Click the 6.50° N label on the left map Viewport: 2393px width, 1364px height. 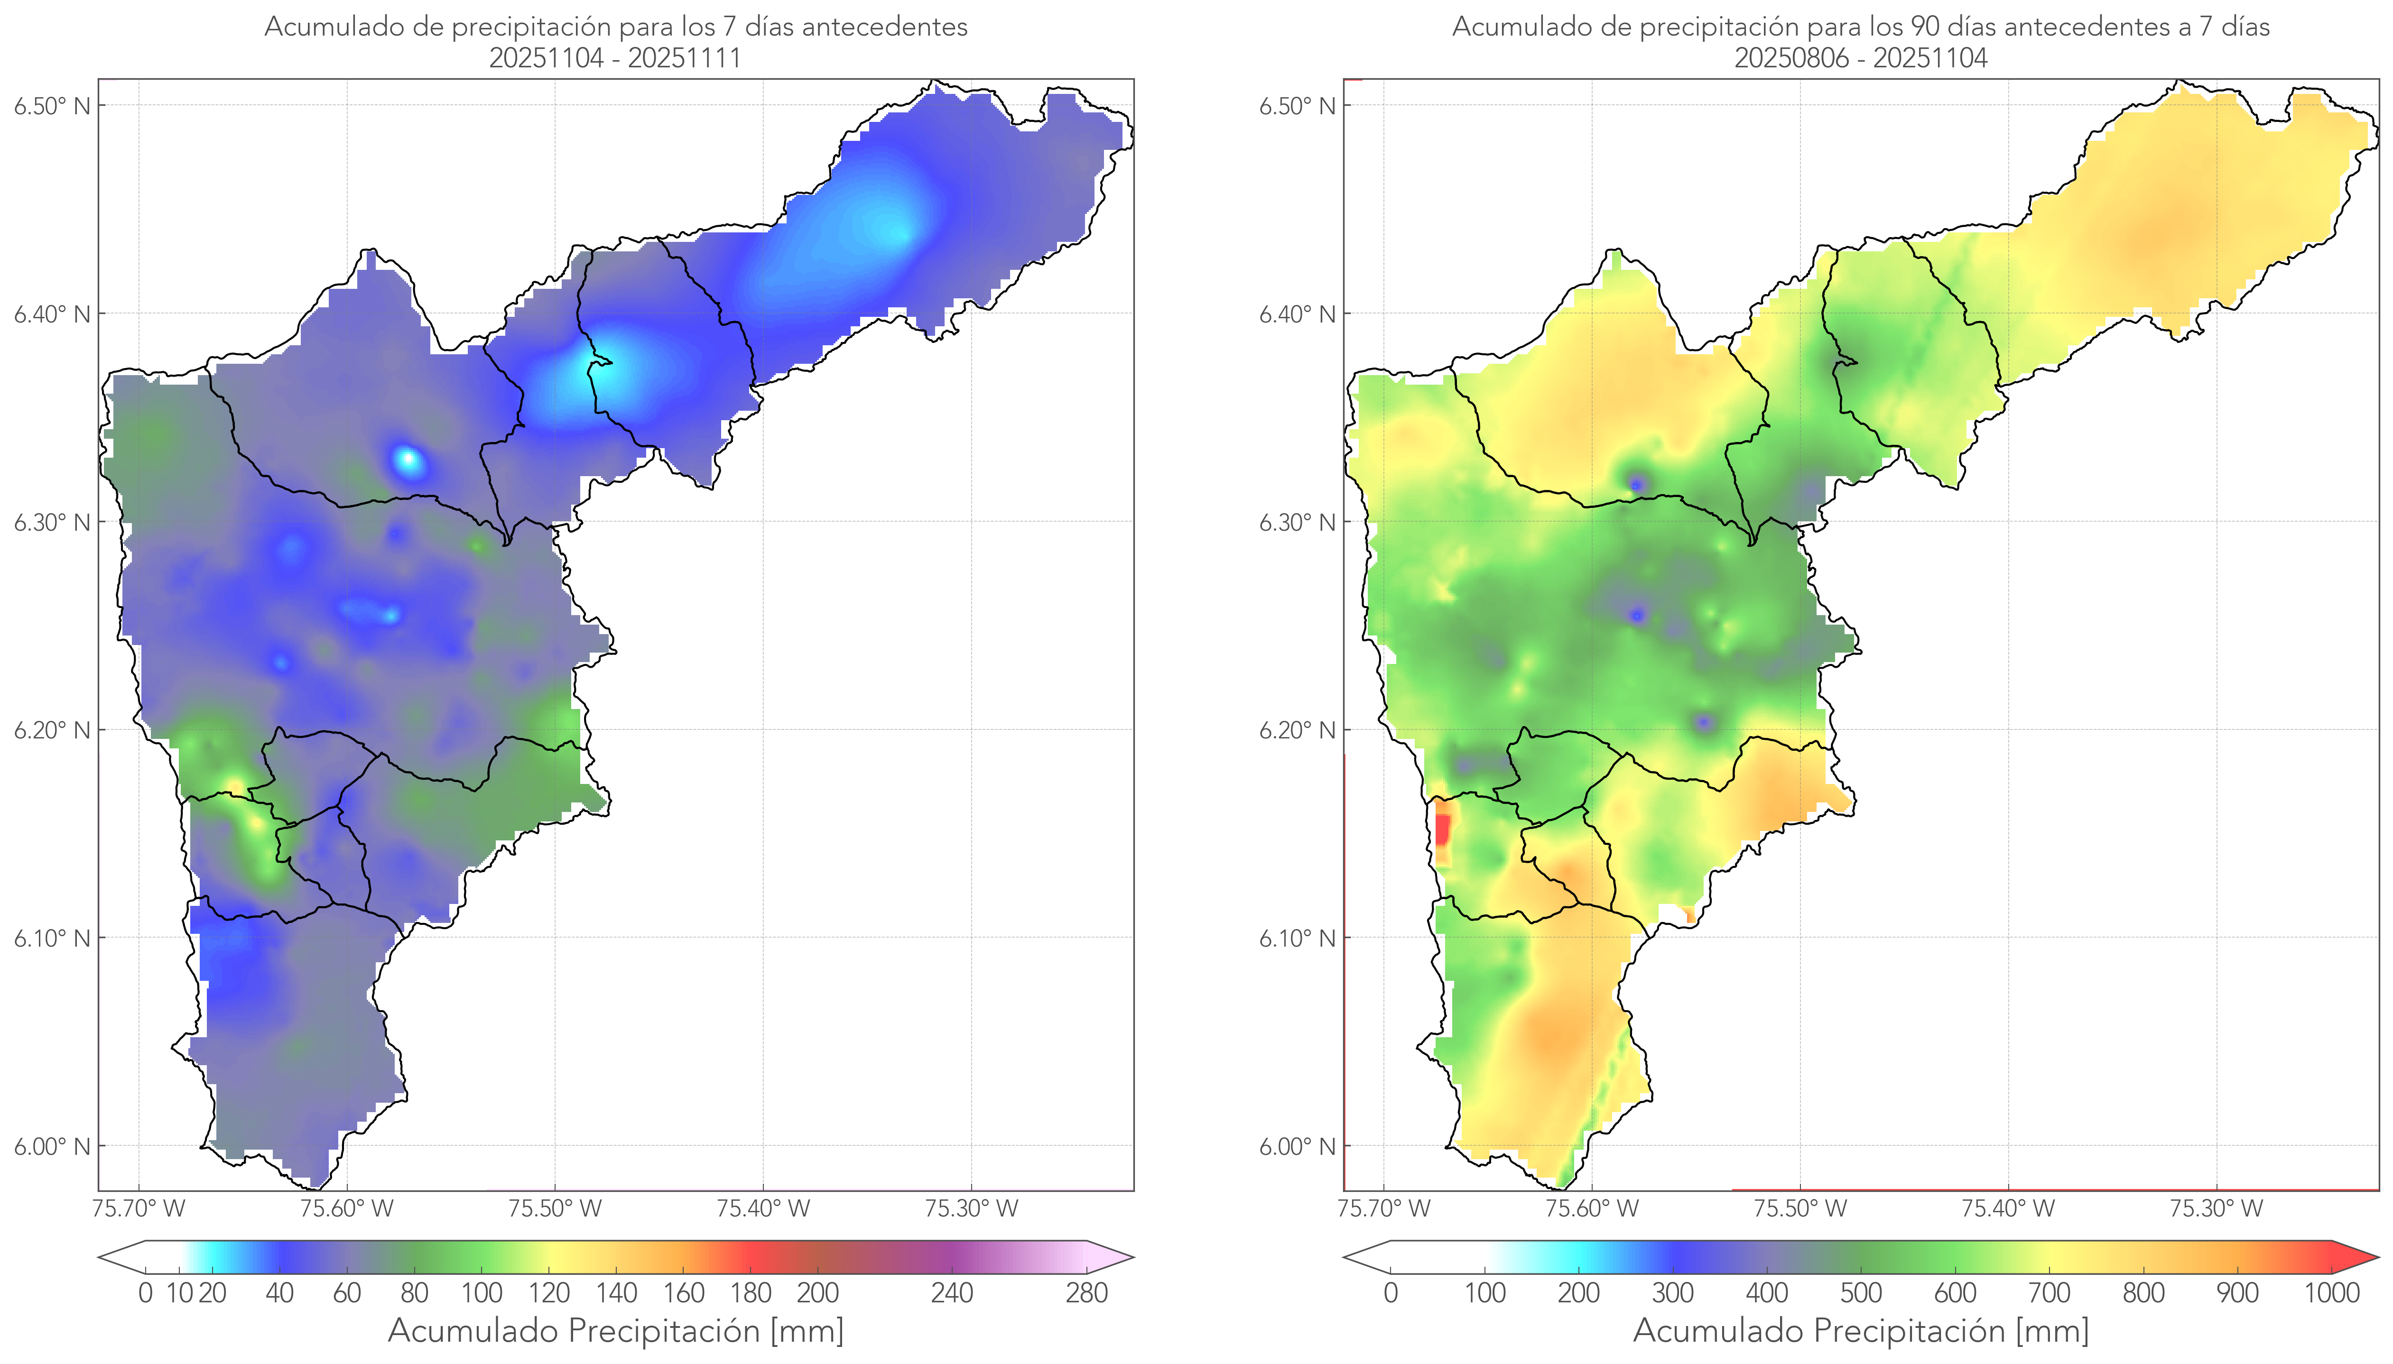coord(52,106)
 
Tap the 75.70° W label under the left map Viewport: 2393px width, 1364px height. coord(139,1208)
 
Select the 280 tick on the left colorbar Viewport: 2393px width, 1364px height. coord(1087,1293)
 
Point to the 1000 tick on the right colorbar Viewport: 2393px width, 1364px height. coord(2331,1293)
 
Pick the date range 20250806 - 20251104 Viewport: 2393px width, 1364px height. coord(1860,58)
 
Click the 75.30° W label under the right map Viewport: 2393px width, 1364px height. coord(2216,1208)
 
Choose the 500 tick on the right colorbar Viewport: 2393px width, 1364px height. coord(1861,1293)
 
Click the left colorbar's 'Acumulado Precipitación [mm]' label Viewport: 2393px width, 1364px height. coord(616,1330)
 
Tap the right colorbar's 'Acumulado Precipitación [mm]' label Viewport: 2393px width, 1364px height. coord(1861,1330)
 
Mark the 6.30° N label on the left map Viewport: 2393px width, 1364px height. coord(52,522)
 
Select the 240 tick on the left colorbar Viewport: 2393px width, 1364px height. coord(952,1293)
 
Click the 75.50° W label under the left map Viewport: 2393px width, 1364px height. coord(555,1208)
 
